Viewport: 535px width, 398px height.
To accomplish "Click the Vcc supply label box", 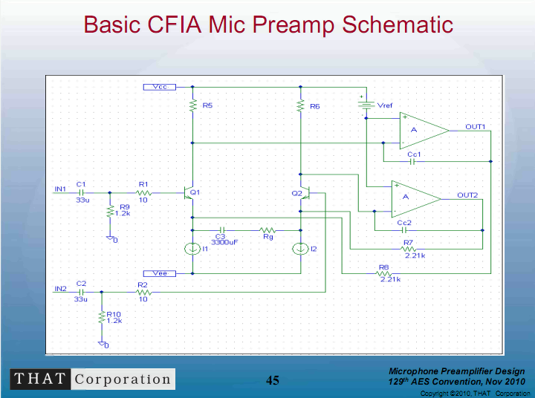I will tap(159, 87).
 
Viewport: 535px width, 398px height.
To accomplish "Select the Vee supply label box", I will tap(159, 273).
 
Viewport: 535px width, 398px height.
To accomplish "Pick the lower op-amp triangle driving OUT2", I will tap(415, 198).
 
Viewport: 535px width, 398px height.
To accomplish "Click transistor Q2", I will tap(305, 192).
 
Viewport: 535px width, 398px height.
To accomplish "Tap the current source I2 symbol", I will tap(300, 248).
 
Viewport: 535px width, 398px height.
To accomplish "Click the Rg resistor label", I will tap(267, 238).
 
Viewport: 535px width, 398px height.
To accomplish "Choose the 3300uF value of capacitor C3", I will tap(224, 242).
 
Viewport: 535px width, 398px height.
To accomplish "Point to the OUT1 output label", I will tap(476, 127).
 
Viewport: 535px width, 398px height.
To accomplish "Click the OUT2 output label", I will tap(467, 195).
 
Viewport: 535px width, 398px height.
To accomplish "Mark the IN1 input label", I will tap(60, 189).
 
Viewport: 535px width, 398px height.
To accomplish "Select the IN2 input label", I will tap(60, 288).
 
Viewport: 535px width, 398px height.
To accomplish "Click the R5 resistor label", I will tap(207, 106).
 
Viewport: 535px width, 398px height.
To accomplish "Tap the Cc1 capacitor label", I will tap(414, 154).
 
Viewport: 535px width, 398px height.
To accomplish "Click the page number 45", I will tap(273, 380).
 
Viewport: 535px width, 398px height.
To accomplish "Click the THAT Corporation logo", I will tap(92, 379).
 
